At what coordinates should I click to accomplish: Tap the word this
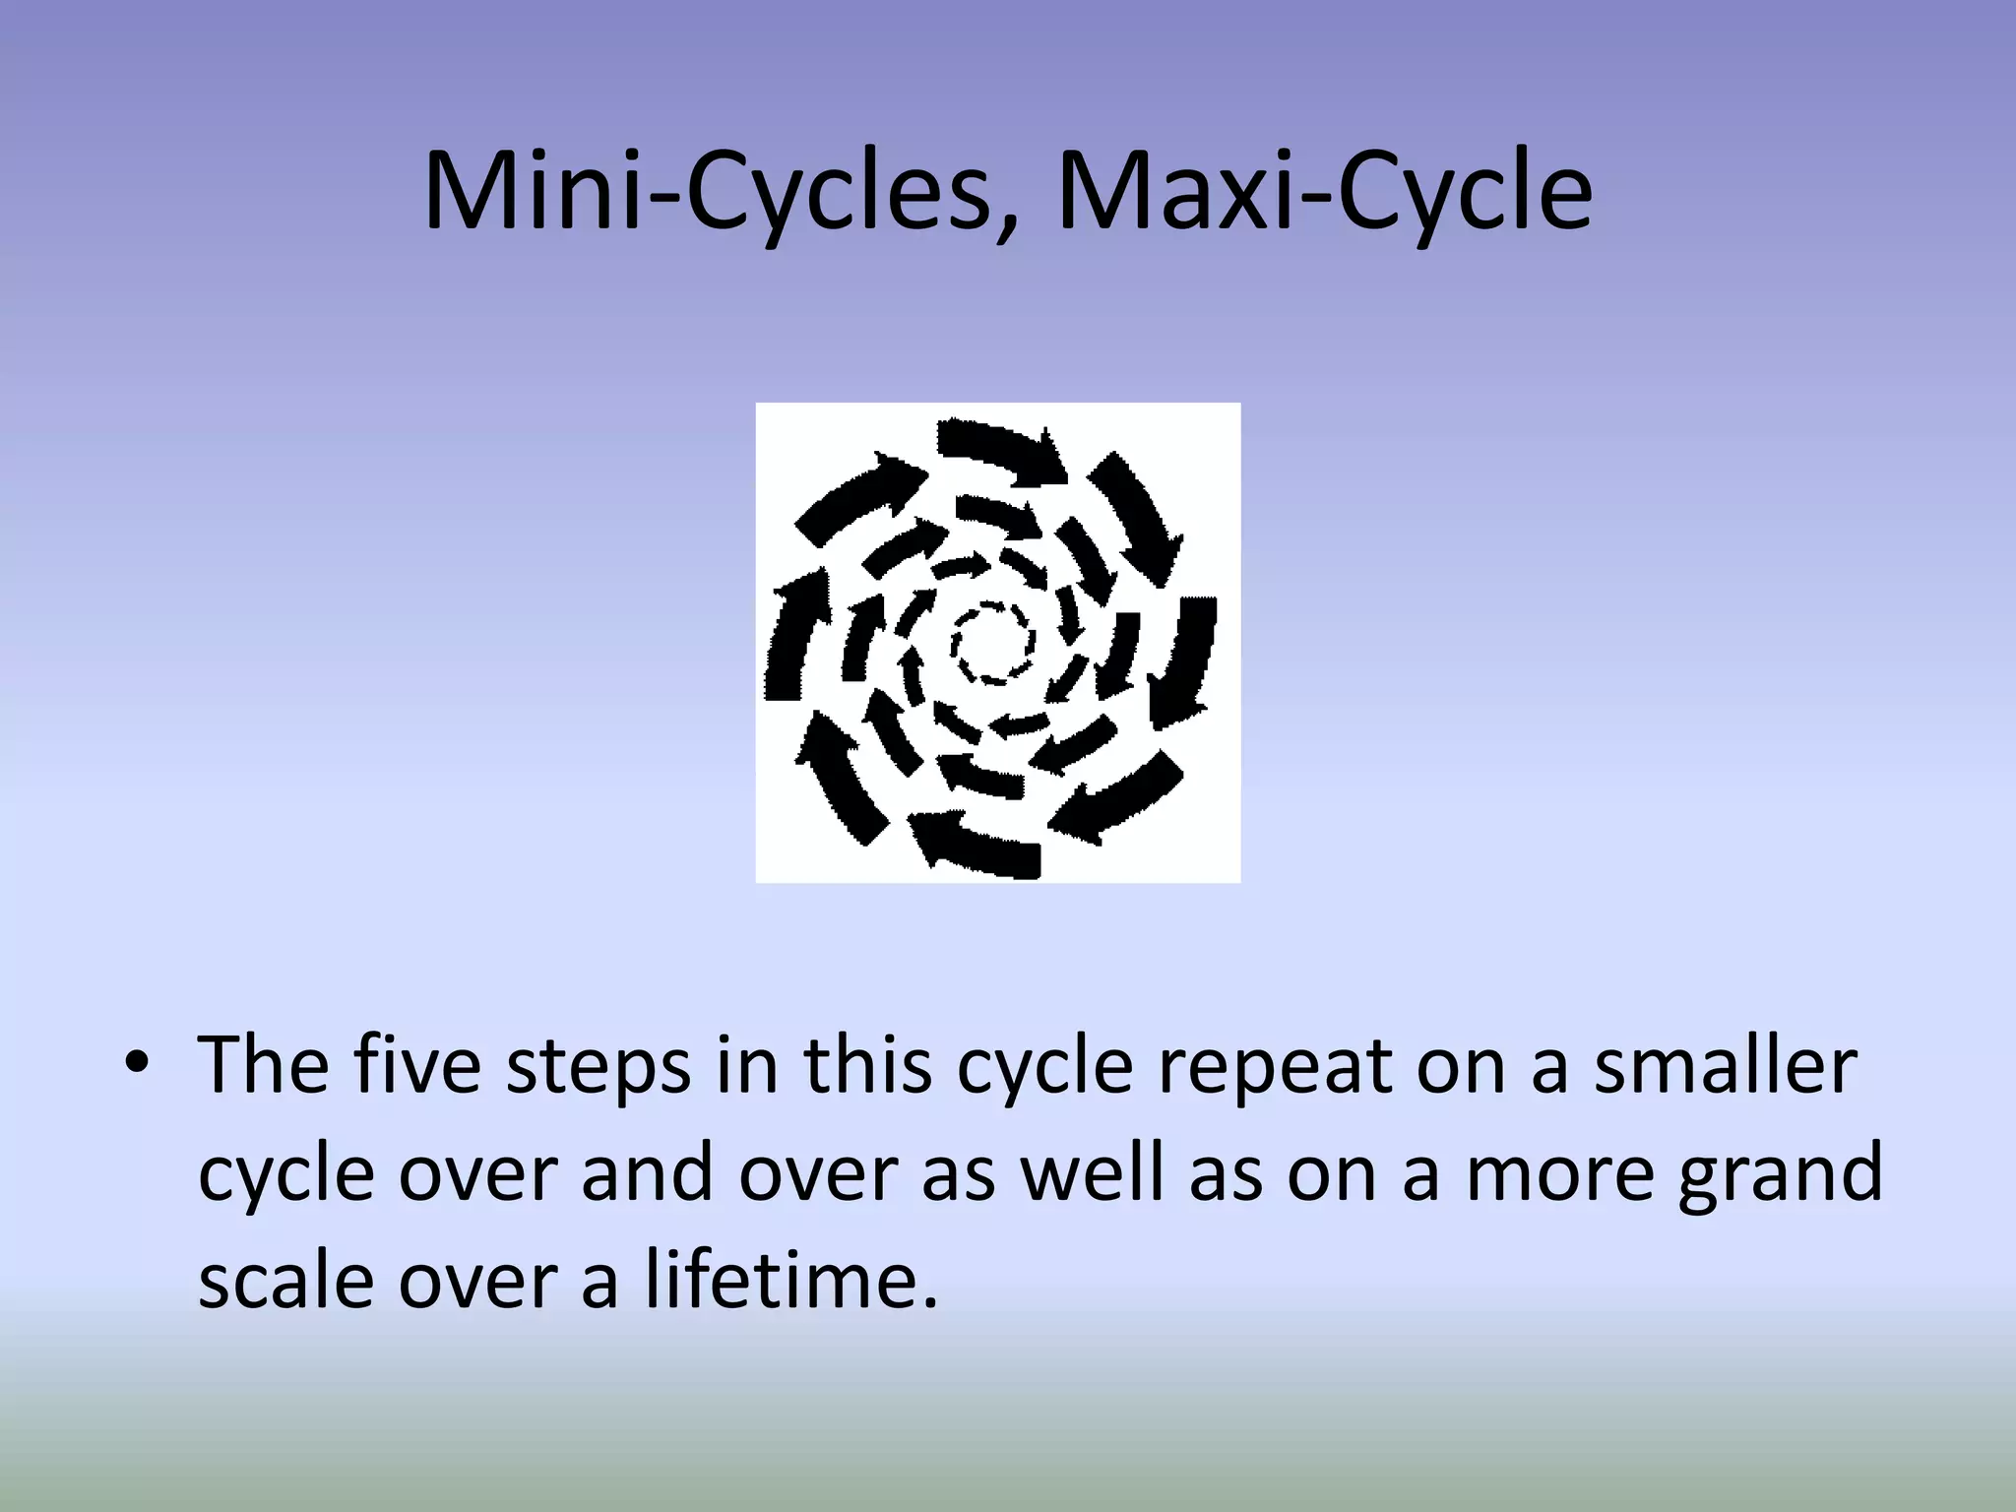click(866, 1065)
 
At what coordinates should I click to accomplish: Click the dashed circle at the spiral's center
click(992, 643)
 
